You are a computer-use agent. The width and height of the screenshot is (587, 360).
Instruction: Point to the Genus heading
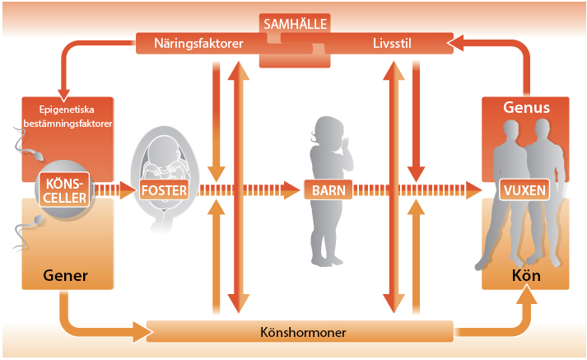pyautogui.click(x=526, y=108)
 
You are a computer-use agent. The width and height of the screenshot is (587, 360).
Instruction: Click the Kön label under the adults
pyautogui.click(x=525, y=274)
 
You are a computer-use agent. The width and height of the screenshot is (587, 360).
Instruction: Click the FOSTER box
pyautogui.click(x=165, y=190)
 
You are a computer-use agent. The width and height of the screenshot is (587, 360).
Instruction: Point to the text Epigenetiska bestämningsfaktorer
pyautogui.click(x=68, y=117)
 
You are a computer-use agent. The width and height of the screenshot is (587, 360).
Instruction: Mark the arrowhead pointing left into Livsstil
pyautogui.click(x=460, y=41)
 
